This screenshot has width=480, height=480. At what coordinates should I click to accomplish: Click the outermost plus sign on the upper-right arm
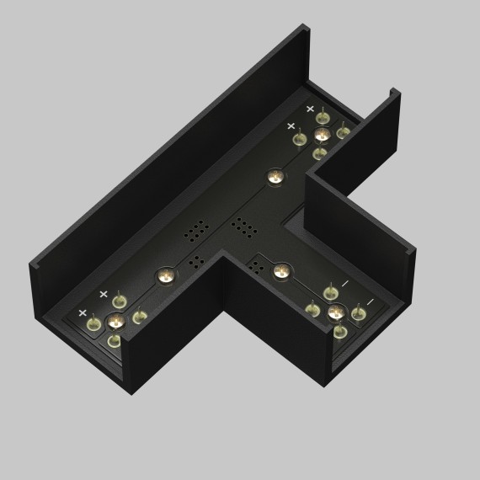click(310, 109)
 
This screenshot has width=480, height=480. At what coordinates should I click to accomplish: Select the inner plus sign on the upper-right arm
click(291, 125)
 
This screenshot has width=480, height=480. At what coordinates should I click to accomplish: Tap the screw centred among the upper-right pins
click(320, 135)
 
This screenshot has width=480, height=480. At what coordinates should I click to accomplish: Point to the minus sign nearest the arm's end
click(369, 302)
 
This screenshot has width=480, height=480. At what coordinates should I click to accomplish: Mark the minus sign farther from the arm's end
click(344, 284)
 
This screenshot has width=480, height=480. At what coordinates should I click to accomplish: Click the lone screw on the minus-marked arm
click(280, 272)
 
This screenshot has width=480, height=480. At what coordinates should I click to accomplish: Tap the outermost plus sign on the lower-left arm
click(83, 312)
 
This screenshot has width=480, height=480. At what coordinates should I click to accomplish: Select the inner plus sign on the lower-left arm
click(104, 294)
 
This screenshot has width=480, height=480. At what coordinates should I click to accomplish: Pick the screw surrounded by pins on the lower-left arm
click(115, 321)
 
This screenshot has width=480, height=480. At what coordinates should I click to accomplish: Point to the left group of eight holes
click(198, 229)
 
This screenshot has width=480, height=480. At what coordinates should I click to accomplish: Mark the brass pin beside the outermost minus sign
click(359, 314)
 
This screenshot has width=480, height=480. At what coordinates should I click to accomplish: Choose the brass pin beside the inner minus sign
click(331, 293)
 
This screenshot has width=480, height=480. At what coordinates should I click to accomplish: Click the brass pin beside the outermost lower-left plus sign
click(94, 324)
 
